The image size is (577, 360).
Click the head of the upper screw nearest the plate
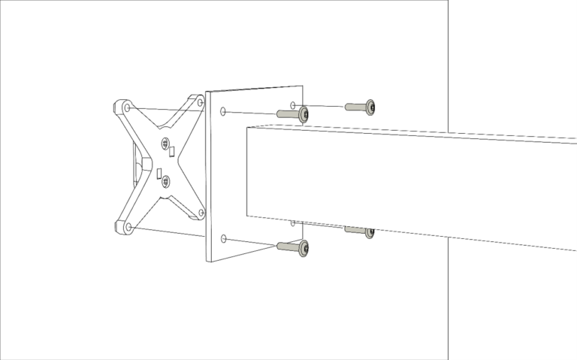(x=304, y=114)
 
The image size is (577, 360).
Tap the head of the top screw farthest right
(x=370, y=108)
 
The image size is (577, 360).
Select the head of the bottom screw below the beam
(x=304, y=248)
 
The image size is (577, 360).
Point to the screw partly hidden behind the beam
(x=369, y=232)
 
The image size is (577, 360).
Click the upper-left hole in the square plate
(x=223, y=112)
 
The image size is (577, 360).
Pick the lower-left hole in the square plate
(x=223, y=239)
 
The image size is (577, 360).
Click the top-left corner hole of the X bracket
(x=126, y=107)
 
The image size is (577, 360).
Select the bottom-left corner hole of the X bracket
(x=128, y=226)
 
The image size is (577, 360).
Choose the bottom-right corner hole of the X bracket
(x=201, y=213)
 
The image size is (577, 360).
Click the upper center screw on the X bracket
(x=165, y=144)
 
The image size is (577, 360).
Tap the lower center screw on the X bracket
(x=165, y=181)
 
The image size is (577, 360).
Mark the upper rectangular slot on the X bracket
(x=172, y=152)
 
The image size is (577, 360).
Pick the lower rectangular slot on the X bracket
(x=159, y=176)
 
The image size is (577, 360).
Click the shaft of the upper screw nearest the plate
(x=287, y=113)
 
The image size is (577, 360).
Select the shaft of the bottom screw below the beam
(x=287, y=246)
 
